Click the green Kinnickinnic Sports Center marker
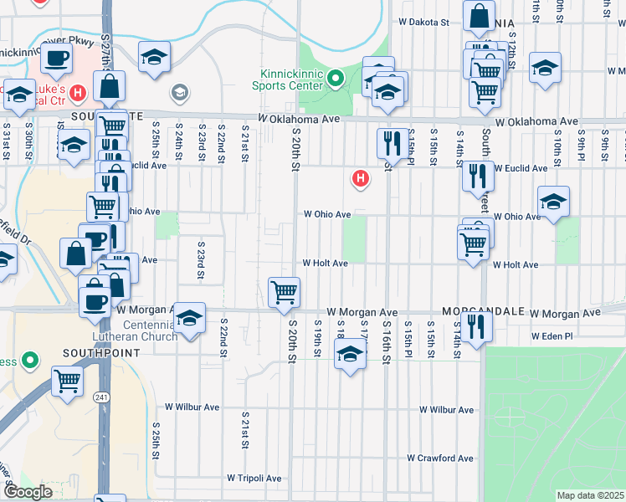[x=336, y=79]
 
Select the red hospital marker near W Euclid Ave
[x=361, y=177]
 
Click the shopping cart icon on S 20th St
[x=285, y=292]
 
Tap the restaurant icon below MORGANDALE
[x=476, y=325]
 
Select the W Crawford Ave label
[x=440, y=458]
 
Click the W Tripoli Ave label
[x=254, y=479]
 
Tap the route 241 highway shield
[x=102, y=396]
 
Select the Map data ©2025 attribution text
[x=589, y=495]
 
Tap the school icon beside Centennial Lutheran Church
[x=190, y=318]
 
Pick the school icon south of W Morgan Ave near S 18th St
[x=351, y=355]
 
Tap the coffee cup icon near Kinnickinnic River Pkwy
[x=57, y=58]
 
